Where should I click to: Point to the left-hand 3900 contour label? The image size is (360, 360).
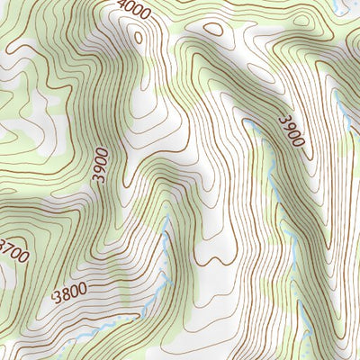click(99, 166)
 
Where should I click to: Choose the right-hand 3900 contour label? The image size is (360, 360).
click(292, 131)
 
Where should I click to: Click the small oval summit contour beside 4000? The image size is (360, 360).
click(137, 36)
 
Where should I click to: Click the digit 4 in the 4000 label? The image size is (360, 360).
click(121, 5)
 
